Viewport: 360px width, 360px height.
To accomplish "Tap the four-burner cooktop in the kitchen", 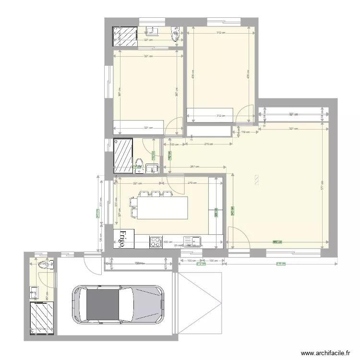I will point(156,241).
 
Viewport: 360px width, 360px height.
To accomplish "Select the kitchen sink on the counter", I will point(195,240).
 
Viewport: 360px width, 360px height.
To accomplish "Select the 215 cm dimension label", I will point(208,144).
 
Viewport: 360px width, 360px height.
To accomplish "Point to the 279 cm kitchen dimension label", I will point(192,183).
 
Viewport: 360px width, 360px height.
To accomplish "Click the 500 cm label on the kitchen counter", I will point(168,242).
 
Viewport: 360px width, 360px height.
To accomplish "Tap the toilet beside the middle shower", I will point(139,163).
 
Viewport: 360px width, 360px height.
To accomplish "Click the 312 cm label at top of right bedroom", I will point(221,33).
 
